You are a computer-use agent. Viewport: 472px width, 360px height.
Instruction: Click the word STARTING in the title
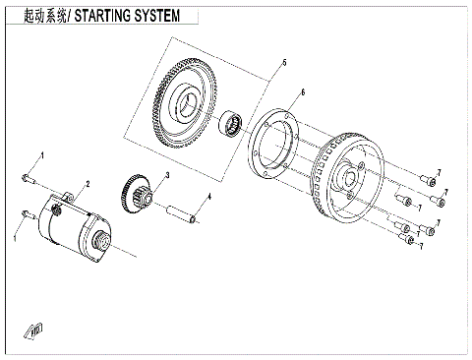(110, 18)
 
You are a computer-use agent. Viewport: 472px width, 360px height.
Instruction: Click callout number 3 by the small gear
(167, 176)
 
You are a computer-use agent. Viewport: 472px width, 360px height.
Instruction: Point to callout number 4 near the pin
(207, 197)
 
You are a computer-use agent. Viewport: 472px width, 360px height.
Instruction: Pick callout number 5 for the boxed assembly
(284, 63)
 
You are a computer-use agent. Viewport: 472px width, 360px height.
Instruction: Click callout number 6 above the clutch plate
(303, 92)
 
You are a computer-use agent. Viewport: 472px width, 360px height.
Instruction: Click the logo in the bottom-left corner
(35, 331)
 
